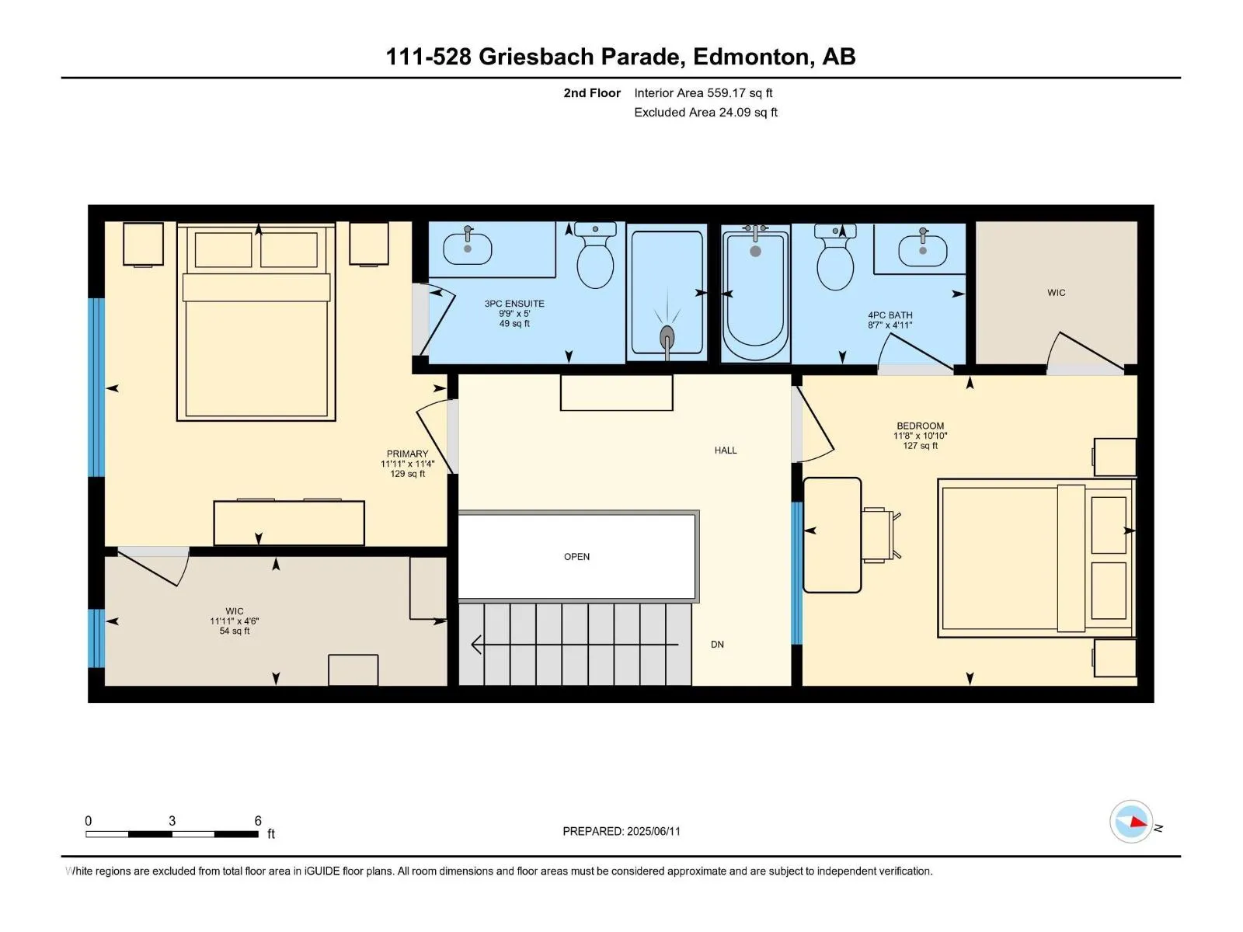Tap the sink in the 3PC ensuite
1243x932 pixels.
coord(467,247)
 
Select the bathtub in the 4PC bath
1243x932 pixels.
coord(755,294)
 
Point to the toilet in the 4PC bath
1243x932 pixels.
coord(835,257)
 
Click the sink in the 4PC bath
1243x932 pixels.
coord(922,249)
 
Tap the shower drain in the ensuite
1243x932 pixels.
coord(667,336)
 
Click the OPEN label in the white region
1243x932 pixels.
coord(576,557)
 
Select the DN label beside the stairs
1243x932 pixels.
coord(717,645)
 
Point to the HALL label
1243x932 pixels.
coord(726,450)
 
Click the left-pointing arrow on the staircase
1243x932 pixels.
coord(575,645)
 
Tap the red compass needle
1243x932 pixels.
coord(1139,822)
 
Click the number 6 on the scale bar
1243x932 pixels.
coord(258,820)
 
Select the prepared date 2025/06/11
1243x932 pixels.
coord(653,831)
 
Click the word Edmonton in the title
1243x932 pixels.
coord(752,57)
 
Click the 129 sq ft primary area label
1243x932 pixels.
coord(407,474)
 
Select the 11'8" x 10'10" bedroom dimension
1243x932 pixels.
coord(921,436)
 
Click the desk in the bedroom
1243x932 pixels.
coord(832,535)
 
